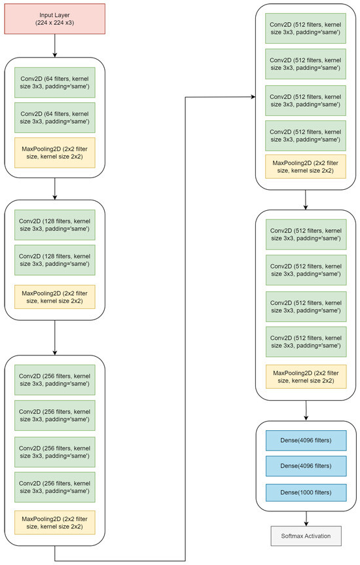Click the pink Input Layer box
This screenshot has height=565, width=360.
54,18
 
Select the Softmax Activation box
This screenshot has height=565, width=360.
306,536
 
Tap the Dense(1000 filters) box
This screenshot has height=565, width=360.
306,492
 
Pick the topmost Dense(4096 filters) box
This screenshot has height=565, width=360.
306,441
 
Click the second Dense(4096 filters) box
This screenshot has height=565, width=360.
306,466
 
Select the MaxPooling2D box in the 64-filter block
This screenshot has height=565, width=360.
54,152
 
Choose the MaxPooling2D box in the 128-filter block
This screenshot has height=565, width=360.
54,297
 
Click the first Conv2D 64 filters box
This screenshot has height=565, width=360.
54,82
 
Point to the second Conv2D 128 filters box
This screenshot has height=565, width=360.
54,260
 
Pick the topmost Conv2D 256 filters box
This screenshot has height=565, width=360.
54,380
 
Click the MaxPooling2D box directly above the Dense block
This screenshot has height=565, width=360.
306,376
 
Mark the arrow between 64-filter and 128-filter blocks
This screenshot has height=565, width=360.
54,188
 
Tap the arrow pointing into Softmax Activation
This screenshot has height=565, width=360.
306,517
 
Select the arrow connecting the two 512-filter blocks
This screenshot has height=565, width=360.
306,199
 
